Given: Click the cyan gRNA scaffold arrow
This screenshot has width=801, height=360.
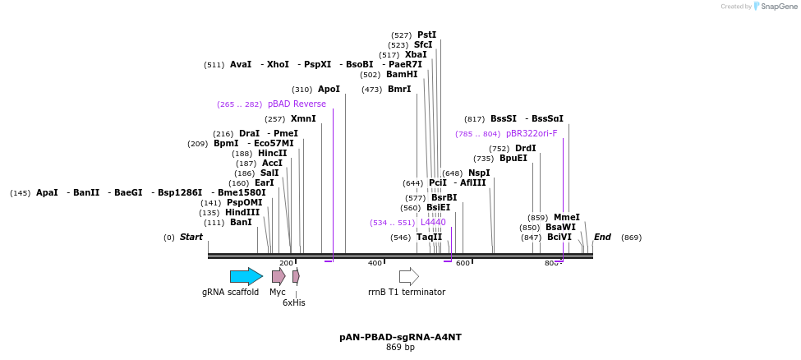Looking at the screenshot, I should point(246,276).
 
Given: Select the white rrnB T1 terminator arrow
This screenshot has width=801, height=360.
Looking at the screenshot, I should point(408,276).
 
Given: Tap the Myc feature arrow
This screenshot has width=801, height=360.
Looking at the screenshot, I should point(279,276).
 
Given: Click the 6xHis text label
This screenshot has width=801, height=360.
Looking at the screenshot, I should point(294,302).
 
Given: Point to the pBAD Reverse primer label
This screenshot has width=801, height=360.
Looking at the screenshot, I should point(297,104).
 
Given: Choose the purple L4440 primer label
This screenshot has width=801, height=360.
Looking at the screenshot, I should point(433,222).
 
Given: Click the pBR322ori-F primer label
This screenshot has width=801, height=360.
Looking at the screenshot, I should point(532,133).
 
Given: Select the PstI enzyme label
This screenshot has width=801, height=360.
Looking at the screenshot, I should point(427,35).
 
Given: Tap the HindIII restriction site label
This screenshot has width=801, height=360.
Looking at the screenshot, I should point(242,212).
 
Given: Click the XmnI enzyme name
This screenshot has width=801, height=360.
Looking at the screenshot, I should point(303,119).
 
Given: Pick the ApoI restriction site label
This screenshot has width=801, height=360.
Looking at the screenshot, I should point(329,90).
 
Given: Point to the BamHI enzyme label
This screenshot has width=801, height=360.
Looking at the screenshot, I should point(402,74).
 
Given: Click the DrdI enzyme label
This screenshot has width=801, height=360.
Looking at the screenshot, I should point(526,149).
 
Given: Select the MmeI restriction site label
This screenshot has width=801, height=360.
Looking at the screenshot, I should point(566,218).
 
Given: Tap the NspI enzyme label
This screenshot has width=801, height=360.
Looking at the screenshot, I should point(479,173).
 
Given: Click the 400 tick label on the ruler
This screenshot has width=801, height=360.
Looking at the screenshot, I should point(375,263).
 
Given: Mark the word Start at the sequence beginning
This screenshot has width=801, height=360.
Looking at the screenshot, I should point(191,238).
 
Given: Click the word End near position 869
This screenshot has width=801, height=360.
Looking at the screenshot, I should point(602,238).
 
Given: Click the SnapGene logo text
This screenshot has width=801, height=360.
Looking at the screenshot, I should point(778,7).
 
